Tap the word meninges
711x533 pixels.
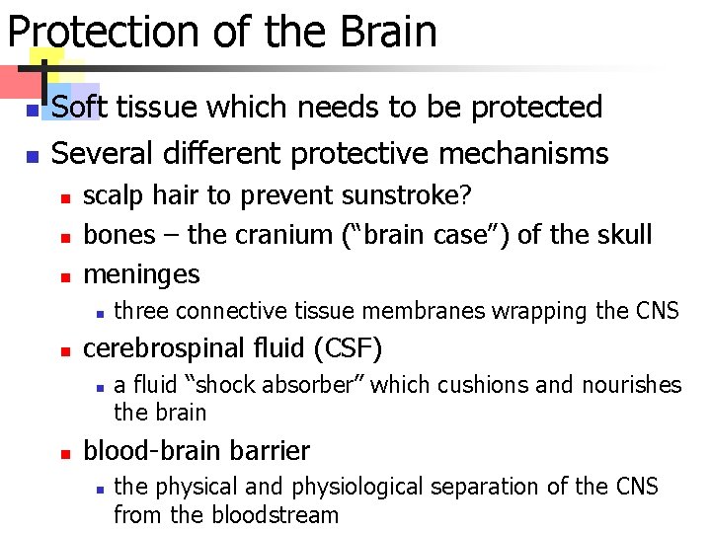tap(141, 273)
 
